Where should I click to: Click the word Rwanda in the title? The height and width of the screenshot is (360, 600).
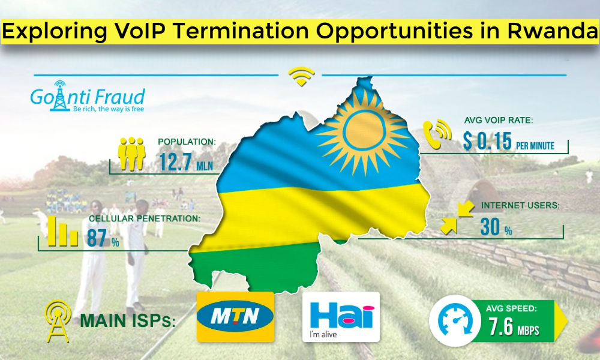tap(553, 31)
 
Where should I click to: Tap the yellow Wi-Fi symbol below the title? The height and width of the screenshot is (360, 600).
tap(302, 76)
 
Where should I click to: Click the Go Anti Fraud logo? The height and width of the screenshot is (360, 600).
tap(88, 97)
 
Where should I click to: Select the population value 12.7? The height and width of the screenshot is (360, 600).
tap(175, 162)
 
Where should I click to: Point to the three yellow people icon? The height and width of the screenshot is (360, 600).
tap(131, 154)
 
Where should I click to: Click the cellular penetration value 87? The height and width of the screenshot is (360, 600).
tap(97, 238)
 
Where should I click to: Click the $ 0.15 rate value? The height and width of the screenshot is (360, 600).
tap(487, 141)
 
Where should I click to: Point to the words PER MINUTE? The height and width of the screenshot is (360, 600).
tap(535, 146)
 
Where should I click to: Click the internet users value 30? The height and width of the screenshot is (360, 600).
tap(490, 227)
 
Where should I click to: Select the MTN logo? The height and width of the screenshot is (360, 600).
tap(235, 317)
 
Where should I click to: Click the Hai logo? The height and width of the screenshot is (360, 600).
tap(341, 317)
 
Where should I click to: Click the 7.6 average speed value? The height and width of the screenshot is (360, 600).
tap(500, 327)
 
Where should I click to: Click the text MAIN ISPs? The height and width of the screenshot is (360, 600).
tap(127, 320)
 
